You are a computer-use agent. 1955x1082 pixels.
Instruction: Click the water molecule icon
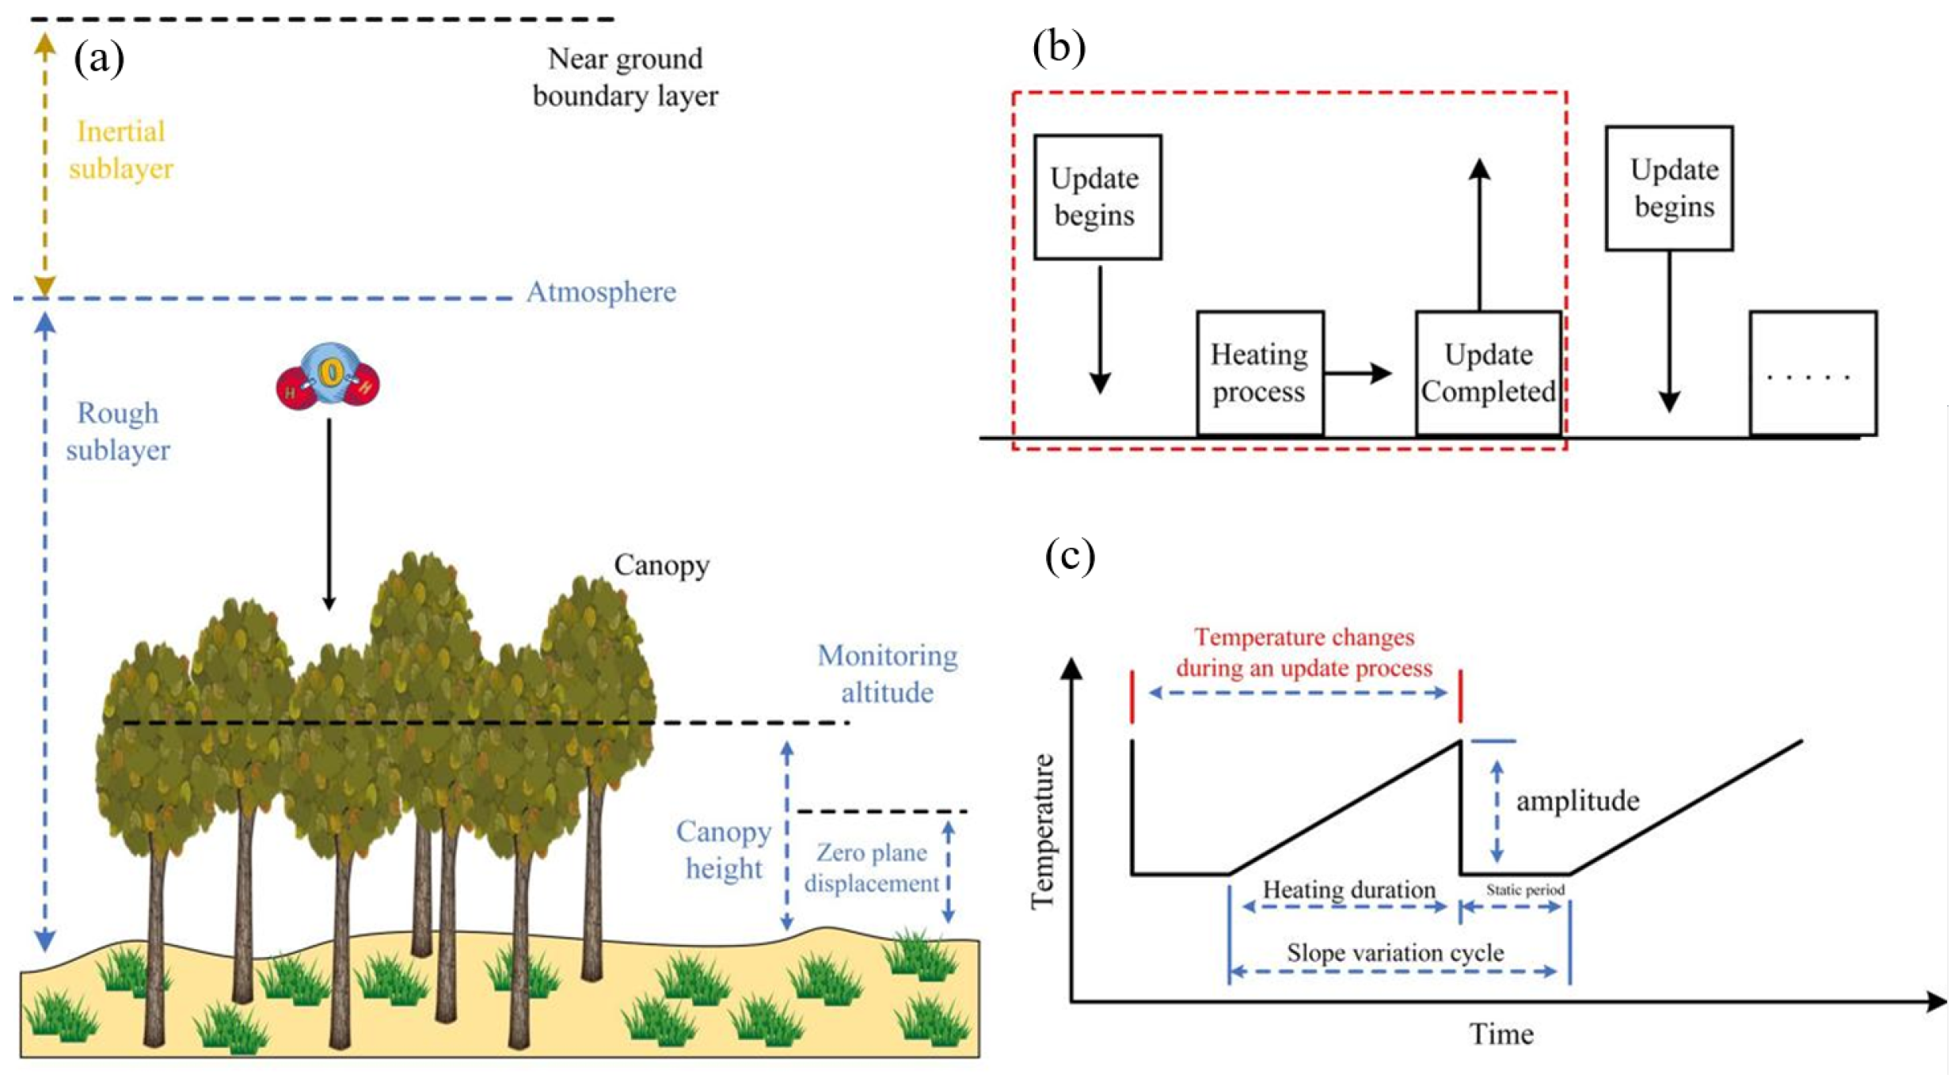click(328, 376)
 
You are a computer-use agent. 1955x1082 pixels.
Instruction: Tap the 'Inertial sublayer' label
click(120, 150)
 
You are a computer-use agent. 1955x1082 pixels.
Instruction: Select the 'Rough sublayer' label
click(118, 431)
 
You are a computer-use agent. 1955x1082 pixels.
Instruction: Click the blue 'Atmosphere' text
click(601, 292)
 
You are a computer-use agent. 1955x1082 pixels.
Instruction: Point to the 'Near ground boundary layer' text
click(625, 77)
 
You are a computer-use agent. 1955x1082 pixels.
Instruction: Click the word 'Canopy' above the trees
click(661, 565)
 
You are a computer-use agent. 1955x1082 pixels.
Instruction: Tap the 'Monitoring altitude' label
click(887, 674)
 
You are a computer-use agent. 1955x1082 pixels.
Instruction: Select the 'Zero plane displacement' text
click(871, 868)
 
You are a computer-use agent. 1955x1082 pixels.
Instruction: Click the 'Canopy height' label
click(723, 850)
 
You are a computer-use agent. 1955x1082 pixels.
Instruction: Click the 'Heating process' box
click(1259, 373)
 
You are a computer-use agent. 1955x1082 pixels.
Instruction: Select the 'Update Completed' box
click(1488, 373)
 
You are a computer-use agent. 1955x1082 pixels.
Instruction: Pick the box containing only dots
click(1812, 373)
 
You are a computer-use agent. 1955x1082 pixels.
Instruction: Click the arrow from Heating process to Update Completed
click(1357, 373)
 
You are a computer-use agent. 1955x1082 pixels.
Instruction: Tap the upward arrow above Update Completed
click(1479, 233)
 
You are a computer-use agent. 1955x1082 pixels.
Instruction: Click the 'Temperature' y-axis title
click(1043, 831)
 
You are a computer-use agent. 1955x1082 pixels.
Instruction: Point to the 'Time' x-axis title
click(1501, 1035)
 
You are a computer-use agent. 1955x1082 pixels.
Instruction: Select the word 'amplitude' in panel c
click(1577, 801)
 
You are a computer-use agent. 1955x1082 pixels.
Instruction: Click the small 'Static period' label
click(1525, 890)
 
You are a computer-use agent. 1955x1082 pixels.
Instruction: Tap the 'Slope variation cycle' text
click(1395, 952)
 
